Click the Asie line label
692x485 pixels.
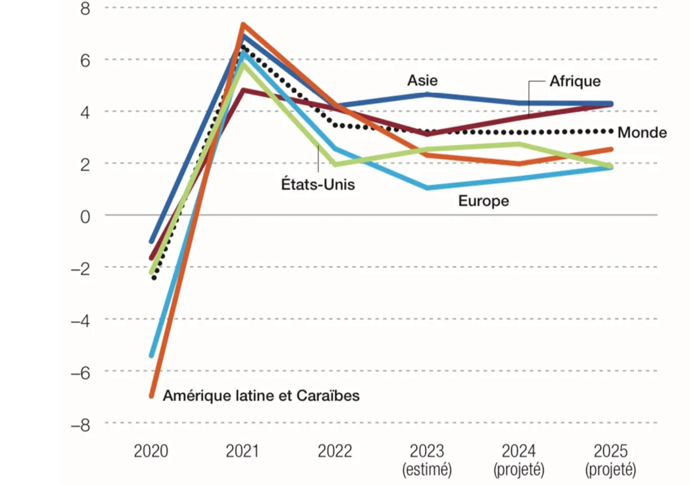coord(422,80)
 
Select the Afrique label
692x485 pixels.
coord(575,81)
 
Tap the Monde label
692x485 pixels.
coord(642,132)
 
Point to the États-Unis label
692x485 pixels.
coord(319,185)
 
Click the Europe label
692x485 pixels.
coord(483,202)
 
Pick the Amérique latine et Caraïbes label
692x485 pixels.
coord(261,396)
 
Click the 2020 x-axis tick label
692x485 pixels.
coord(151,451)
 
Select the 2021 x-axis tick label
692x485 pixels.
coord(242,451)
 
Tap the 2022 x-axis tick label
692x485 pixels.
coord(335,451)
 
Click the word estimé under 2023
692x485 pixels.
coord(427,470)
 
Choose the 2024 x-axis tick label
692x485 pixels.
coord(519,451)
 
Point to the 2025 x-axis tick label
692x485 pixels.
coord(611,451)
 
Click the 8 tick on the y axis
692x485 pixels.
coord(85,8)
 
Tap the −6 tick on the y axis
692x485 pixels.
coord(80,371)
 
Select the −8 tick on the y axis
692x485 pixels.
coord(80,423)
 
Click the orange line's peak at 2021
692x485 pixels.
coord(243,25)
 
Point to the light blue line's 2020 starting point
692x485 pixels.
coord(152,355)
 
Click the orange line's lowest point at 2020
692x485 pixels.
coord(152,396)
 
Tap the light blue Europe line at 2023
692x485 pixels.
coord(427,188)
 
